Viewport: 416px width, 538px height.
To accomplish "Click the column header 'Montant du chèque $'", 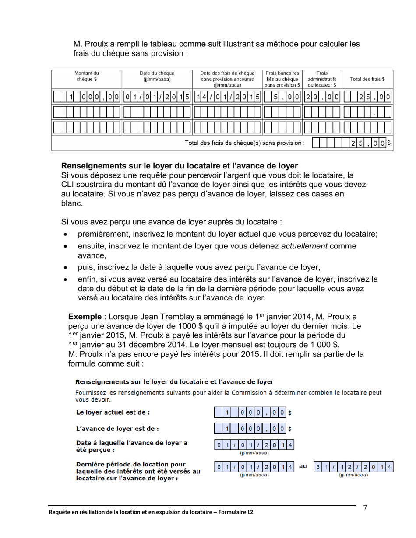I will click(x=86, y=76).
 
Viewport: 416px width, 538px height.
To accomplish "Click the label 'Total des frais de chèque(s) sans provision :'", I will click(x=245, y=143).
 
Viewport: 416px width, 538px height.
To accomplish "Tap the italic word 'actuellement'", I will click(x=304, y=246).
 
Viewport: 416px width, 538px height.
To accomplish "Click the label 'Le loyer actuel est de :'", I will click(x=113, y=412).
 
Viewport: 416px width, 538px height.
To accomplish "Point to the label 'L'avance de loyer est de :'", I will click(x=117, y=428).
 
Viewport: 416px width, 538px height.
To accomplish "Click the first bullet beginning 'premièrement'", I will click(x=227, y=234).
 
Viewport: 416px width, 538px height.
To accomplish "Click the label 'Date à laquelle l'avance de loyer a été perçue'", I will click(x=131, y=446).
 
